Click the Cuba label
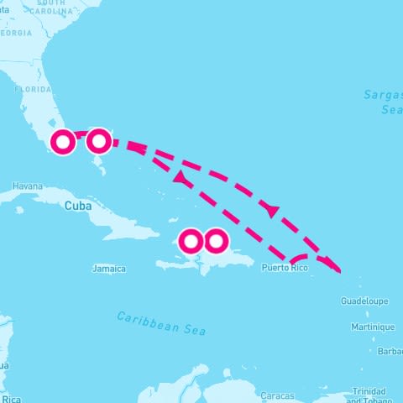(76, 204)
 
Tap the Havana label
(27, 186)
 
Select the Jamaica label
(109, 269)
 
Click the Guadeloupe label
(364, 301)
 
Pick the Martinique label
(373, 327)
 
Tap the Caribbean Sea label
(161, 322)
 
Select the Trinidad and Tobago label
(369, 395)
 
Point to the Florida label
(34, 89)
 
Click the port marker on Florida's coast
(62, 143)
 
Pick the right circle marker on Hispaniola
(216, 242)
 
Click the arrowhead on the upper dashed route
(270, 209)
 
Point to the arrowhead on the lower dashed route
(179, 178)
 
